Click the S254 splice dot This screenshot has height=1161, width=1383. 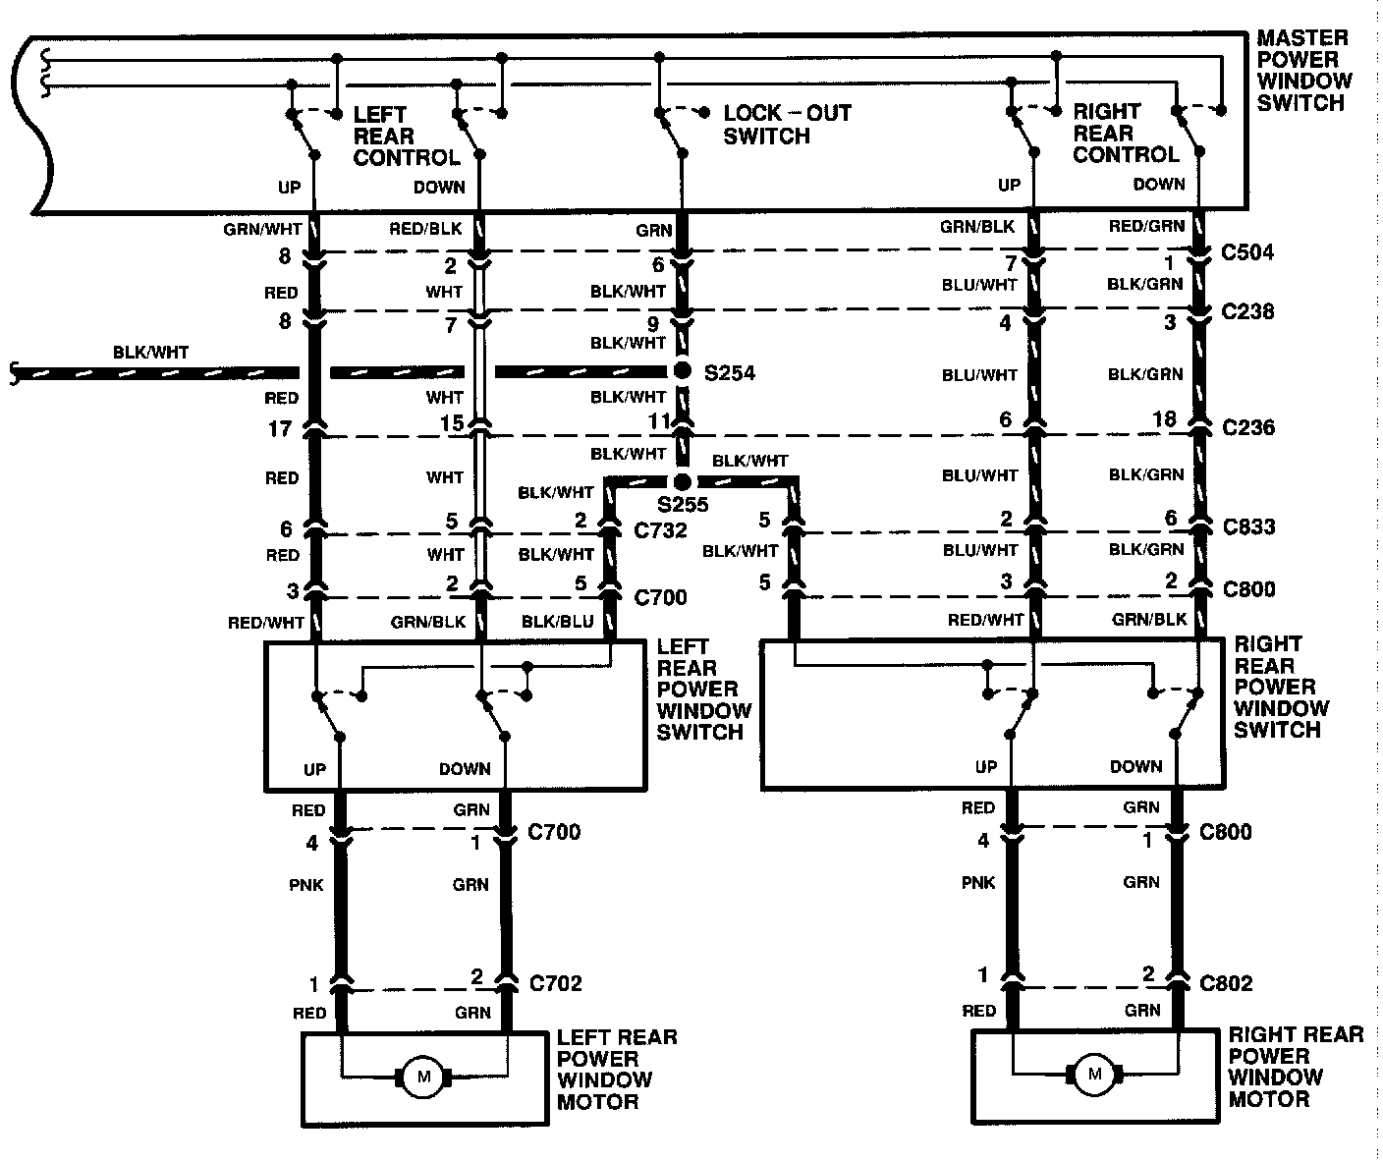[x=681, y=371]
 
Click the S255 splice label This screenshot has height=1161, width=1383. [x=683, y=506]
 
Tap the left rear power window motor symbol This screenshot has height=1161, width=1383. [x=424, y=1077]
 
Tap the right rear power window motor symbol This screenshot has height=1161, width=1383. [x=1094, y=1075]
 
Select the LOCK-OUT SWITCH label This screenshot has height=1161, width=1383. [x=787, y=125]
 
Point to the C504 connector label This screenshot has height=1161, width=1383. [x=1247, y=252]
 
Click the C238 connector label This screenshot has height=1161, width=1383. [x=1247, y=311]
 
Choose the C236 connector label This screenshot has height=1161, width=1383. [x=1247, y=427]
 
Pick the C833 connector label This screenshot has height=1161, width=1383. [x=1248, y=526]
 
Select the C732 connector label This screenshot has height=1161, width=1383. [x=660, y=530]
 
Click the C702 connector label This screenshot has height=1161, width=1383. [x=555, y=983]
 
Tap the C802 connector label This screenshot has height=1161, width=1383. [x=1226, y=983]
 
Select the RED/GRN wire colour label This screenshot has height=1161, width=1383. [x=1147, y=227]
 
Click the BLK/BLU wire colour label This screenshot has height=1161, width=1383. [x=557, y=621]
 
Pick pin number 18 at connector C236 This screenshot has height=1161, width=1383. [x=1164, y=419]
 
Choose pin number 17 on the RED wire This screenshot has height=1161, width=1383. [x=280, y=428]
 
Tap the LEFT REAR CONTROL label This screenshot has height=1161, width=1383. [x=406, y=136]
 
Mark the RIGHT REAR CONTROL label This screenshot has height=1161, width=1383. [x=1126, y=133]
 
